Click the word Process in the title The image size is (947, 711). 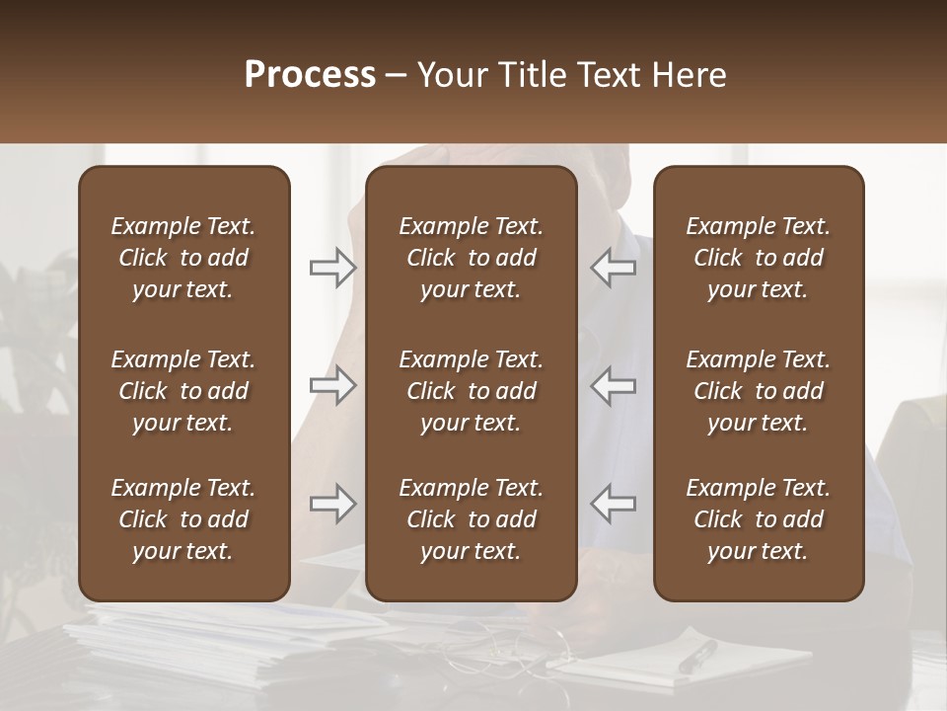pyautogui.click(x=310, y=75)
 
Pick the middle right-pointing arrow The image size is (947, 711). pyautogui.click(x=332, y=385)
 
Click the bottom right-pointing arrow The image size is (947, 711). pyautogui.click(x=332, y=504)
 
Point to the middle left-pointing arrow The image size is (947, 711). pyautogui.click(x=614, y=385)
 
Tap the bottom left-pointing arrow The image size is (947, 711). pyautogui.click(x=614, y=504)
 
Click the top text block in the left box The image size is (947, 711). pyautogui.click(x=183, y=258)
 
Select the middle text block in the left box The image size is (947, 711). pyautogui.click(x=183, y=391)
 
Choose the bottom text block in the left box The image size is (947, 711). pyautogui.click(x=183, y=519)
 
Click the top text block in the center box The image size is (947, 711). pyautogui.click(x=472, y=258)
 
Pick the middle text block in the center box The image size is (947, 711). pyautogui.click(x=472, y=391)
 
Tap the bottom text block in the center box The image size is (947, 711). pyautogui.click(x=472, y=519)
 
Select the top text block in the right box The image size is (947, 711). pyautogui.click(x=759, y=258)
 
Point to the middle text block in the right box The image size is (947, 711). pyautogui.click(x=759, y=391)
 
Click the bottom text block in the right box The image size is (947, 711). pyautogui.click(x=759, y=519)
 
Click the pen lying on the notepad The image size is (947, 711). pyautogui.click(x=697, y=656)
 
